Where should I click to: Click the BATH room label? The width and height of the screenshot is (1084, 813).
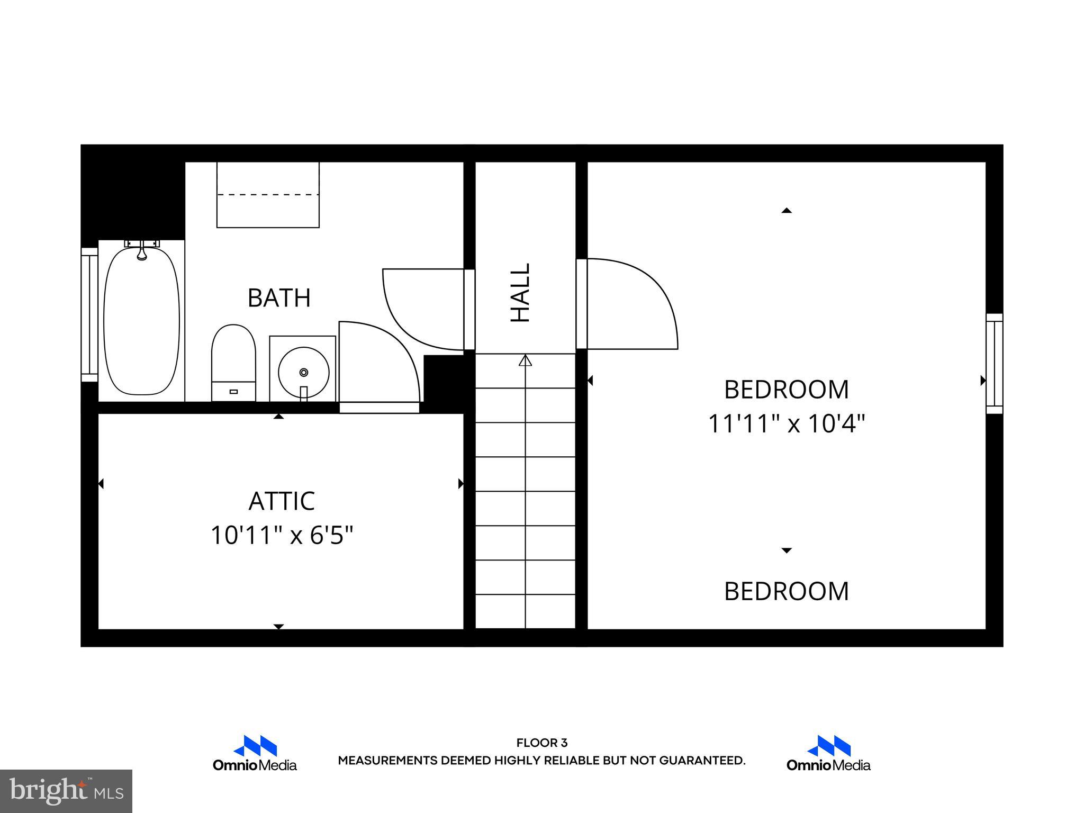(x=279, y=298)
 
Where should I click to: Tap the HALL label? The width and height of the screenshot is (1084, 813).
(x=520, y=293)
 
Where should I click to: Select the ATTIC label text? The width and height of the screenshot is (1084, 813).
(x=282, y=501)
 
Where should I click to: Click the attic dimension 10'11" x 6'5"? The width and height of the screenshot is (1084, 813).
(x=282, y=535)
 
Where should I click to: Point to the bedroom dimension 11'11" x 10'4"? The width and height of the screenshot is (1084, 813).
(x=786, y=423)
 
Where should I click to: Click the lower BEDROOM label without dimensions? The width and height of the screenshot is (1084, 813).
(x=786, y=592)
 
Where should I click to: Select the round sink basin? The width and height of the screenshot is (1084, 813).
(x=303, y=372)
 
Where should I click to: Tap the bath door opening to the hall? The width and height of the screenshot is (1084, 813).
(x=469, y=309)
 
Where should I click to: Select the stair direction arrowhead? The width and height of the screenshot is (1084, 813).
(x=525, y=361)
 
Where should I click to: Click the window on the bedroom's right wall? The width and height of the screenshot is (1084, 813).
(x=994, y=363)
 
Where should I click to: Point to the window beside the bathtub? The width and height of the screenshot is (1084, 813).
(x=89, y=314)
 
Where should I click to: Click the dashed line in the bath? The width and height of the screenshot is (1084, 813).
(x=268, y=195)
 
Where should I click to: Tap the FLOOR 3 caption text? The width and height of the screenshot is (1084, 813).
(x=541, y=743)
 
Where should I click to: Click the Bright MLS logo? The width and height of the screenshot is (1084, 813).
(x=66, y=791)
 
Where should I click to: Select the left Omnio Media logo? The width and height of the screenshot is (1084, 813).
(x=255, y=754)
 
